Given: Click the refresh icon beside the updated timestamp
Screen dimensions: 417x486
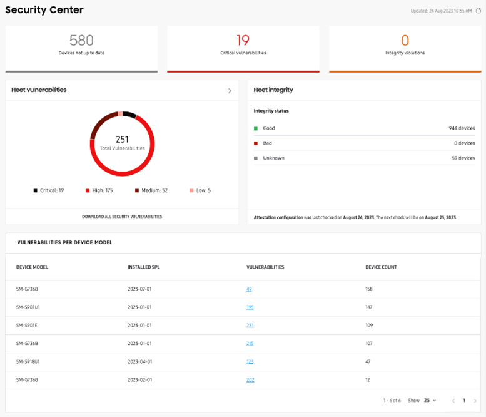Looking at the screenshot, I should click(x=478, y=11).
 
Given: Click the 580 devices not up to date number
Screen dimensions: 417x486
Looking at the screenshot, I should click(x=81, y=41).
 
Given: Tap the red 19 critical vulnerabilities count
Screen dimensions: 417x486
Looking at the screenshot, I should click(x=243, y=41).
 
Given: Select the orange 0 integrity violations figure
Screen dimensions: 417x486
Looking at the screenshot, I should click(x=405, y=41).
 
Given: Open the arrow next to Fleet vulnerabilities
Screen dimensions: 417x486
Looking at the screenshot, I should click(x=230, y=91).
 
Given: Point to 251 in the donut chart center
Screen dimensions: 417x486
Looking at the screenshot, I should click(x=122, y=138).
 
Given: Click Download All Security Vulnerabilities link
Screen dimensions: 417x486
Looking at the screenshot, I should click(x=122, y=217).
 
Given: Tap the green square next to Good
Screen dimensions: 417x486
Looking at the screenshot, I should click(x=256, y=128).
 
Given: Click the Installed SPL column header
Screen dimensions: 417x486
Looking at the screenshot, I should click(x=144, y=267).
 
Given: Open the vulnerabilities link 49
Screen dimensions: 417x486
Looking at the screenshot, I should click(x=249, y=289).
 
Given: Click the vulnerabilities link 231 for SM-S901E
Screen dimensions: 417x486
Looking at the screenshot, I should click(x=250, y=326).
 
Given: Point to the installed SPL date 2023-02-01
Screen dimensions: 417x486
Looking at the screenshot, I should click(x=139, y=380).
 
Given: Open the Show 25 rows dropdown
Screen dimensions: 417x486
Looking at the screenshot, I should click(x=430, y=400).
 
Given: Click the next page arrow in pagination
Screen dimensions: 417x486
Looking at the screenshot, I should click(x=475, y=400).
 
